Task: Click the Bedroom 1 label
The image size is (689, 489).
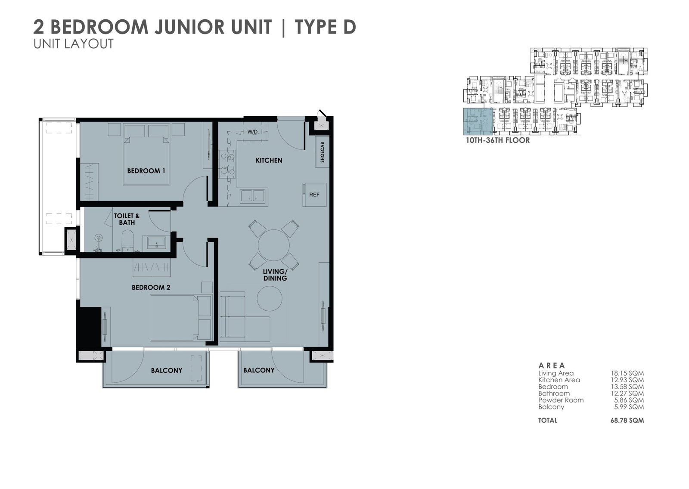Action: coord(146,171)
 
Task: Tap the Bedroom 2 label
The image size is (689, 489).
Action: coord(151,288)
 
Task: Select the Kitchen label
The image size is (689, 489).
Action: coord(269,160)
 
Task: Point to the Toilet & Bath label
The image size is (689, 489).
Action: coord(127,219)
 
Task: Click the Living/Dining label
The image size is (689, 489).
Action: coord(275,275)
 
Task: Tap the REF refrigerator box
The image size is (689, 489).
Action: coord(314,195)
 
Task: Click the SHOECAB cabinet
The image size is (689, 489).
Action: coord(322,152)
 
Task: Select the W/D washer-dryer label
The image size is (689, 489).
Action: coord(252,132)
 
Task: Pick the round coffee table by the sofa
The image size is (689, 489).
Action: coord(270,298)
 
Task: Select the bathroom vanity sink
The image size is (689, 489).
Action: coord(156,243)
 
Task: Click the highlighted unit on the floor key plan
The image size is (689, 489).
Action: coord(478,121)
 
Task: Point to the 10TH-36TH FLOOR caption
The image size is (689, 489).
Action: coord(498,140)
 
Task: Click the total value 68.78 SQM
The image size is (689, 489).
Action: coord(627,421)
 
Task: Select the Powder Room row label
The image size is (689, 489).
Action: coord(561,400)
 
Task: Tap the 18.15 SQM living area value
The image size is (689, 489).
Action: coord(627,373)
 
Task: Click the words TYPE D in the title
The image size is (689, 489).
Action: coord(326,27)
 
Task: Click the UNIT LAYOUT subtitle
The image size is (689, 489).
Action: coord(74,43)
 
